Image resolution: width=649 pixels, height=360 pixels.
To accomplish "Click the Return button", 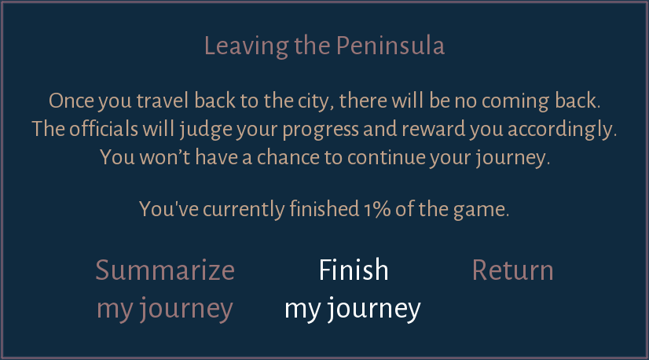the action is (x=512, y=270).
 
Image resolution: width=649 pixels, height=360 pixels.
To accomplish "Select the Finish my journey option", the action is (x=353, y=289).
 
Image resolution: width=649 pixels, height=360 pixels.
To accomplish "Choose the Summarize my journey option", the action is (x=165, y=289).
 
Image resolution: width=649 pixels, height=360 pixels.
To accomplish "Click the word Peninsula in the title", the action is (x=390, y=46).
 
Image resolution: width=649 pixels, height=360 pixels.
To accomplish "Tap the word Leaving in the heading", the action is (x=246, y=46).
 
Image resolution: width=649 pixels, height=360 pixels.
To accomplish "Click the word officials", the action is (x=104, y=128).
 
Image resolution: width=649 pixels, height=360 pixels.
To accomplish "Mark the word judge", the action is (x=206, y=129).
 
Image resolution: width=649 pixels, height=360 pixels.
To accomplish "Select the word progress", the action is (x=321, y=130).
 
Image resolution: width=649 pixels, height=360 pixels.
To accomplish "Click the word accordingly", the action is (x=562, y=129).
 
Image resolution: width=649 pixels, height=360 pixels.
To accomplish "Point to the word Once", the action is (x=71, y=101).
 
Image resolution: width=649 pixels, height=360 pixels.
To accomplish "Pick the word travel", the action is (x=163, y=101).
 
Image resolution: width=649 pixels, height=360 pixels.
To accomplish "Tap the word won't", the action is (x=165, y=157).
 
